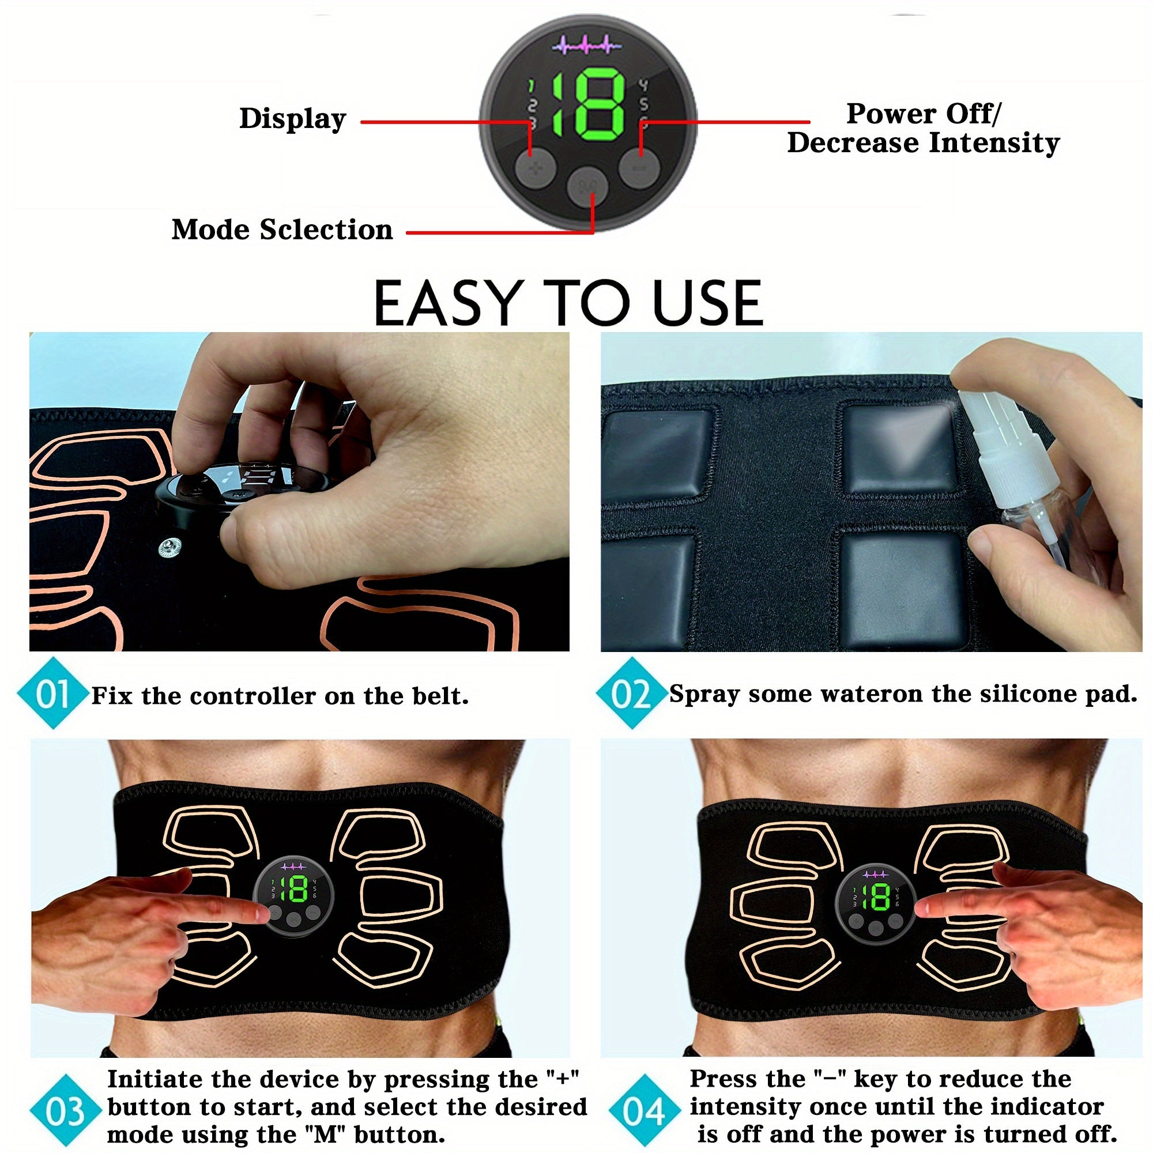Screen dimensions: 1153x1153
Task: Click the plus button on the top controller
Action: [x=536, y=169]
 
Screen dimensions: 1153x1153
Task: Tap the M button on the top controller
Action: [x=587, y=186]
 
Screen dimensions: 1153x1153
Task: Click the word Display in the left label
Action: [x=292, y=119]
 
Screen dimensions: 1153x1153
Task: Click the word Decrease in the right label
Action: [x=853, y=143]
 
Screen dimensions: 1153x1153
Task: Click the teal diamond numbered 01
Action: [x=52, y=694]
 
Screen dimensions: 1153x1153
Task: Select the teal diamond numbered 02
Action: [x=631, y=694]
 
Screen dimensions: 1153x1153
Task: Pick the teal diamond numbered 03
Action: [x=65, y=1111]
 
